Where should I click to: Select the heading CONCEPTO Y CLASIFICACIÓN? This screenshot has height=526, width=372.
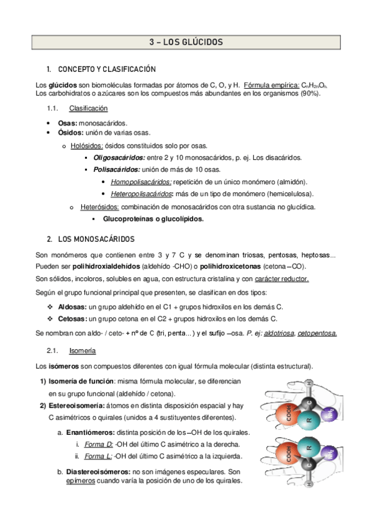point(106,69)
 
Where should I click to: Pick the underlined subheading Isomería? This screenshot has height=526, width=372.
point(82,350)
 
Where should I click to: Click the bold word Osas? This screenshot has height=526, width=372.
point(67,123)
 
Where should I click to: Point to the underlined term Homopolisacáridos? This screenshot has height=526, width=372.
point(141,182)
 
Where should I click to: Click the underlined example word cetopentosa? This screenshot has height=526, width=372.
point(317,333)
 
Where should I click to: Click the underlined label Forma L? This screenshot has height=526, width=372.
point(98,456)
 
